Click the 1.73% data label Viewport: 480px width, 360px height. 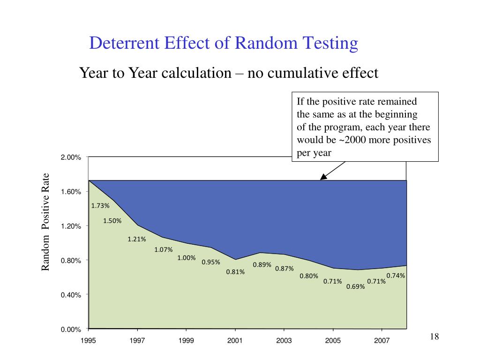pos(100,205)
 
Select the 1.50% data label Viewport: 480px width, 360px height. pos(112,221)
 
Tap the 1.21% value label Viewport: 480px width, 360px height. pos(137,239)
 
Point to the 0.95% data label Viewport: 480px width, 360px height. pos(211,262)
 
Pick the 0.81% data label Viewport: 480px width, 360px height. pos(235,272)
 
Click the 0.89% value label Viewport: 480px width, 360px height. pos(262,264)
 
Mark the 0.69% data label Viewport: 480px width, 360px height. pos(356,287)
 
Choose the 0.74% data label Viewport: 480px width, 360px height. pos(396,276)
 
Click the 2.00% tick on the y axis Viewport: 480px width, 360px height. pos(71,157)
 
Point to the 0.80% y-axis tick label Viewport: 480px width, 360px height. pos(71,261)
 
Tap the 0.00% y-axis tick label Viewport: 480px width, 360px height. pos(71,330)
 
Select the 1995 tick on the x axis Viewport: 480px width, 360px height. pos(88,341)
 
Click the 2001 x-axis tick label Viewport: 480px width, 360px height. pos(235,341)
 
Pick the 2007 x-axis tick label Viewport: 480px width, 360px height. pos(382,341)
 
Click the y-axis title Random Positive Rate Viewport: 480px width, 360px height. pos(45,222)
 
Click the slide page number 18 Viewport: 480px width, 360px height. pos(434,337)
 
